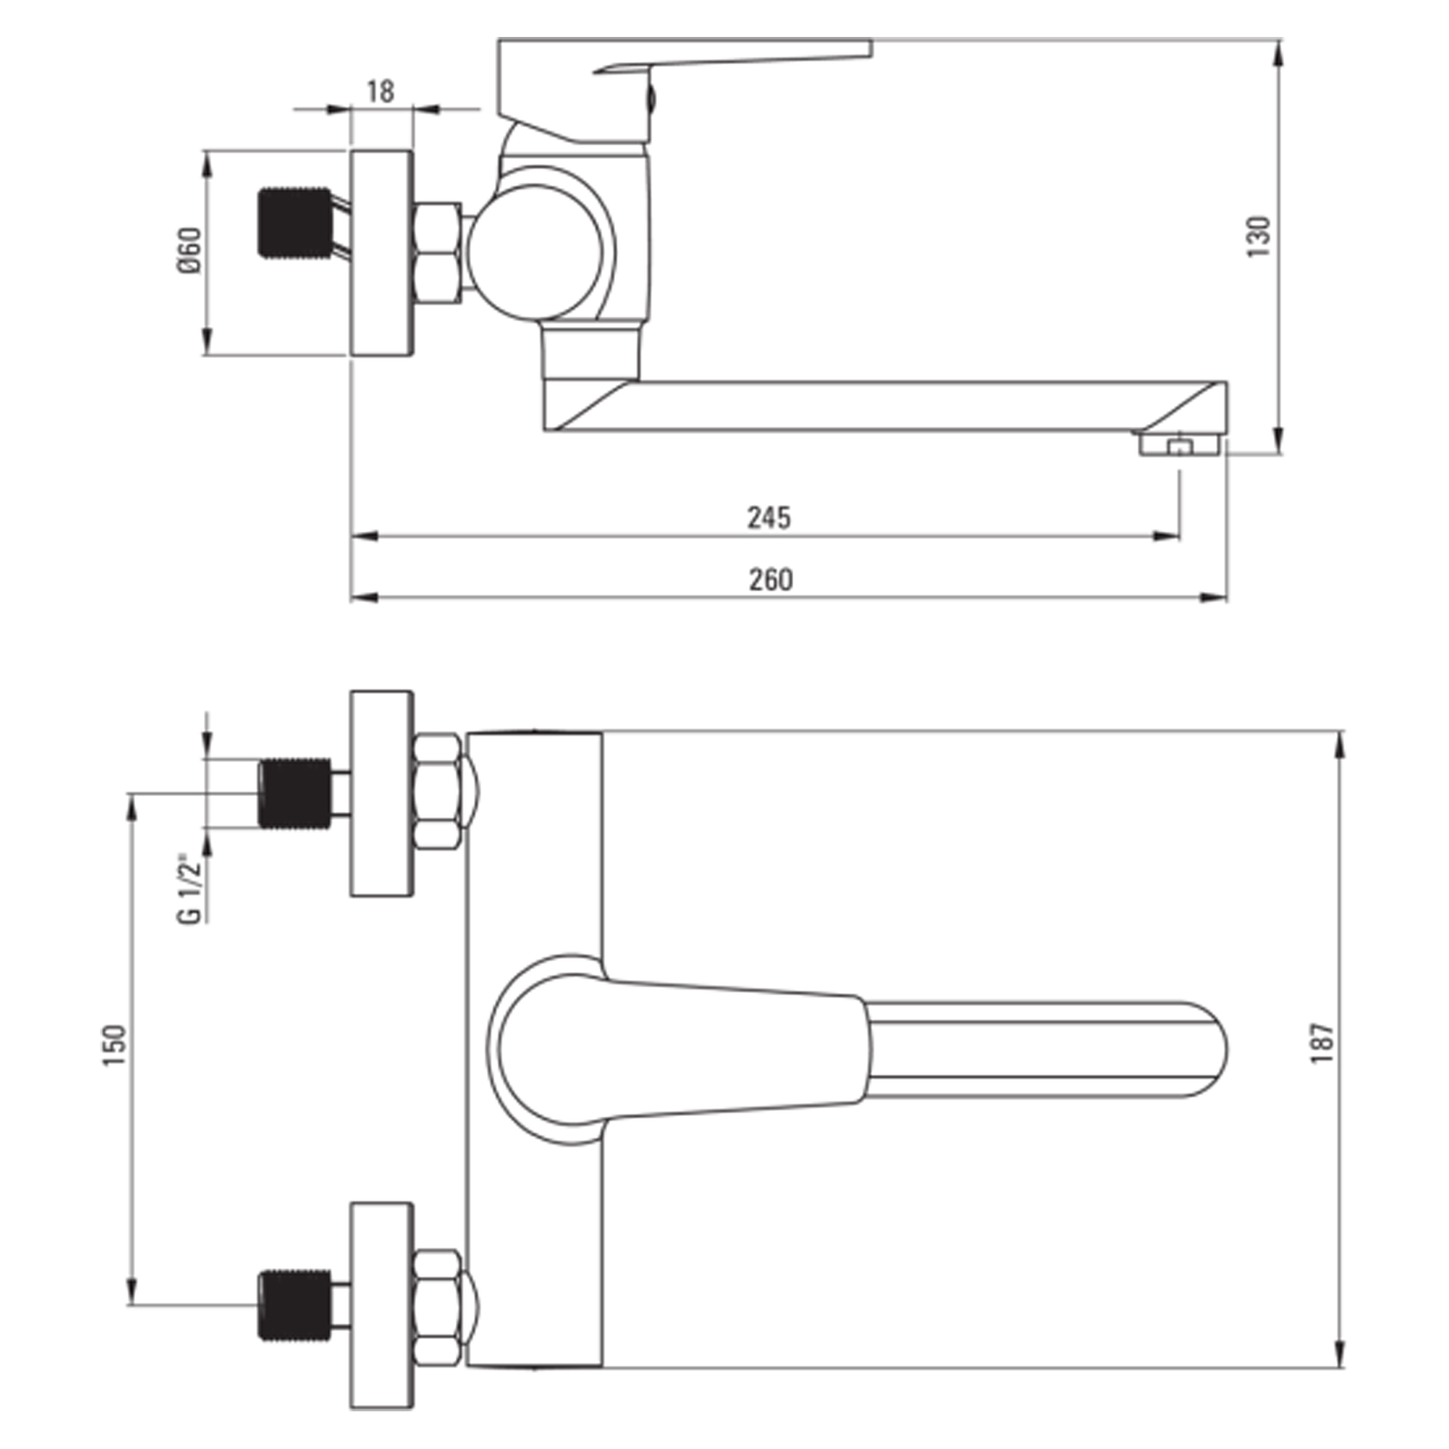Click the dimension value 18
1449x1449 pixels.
tap(380, 91)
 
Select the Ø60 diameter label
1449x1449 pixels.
tap(191, 251)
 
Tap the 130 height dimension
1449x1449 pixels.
tap(1259, 237)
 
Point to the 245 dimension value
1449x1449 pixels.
tap(769, 517)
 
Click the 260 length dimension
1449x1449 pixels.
tap(770, 580)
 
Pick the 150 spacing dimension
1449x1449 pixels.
tap(115, 1045)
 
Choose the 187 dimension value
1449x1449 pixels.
tap(1321, 1043)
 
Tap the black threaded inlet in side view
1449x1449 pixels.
tap(294, 222)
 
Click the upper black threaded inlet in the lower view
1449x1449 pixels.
tap(294, 793)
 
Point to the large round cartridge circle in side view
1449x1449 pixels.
tap(535, 251)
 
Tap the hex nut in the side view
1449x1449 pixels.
tap(438, 253)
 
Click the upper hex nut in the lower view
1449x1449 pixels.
tap(438, 792)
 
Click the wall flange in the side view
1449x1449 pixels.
tap(382, 253)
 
